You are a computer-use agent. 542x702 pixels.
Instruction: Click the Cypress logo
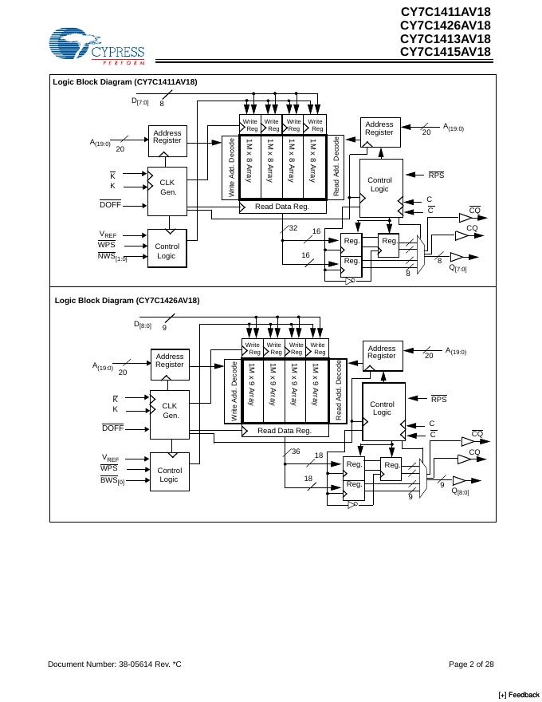coord(96,46)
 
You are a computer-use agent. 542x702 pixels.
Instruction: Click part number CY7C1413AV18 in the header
coord(445,38)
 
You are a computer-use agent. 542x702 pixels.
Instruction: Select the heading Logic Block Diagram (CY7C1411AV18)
coord(125,81)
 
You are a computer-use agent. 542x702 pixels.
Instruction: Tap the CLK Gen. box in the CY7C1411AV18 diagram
coord(167,187)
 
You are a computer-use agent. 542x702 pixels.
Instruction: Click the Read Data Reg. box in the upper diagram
coord(281,207)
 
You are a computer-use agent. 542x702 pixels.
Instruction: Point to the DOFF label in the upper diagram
coord(110,204)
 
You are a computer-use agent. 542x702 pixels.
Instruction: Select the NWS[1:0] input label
coord(112,257)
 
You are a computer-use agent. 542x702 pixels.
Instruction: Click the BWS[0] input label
coord(112,481)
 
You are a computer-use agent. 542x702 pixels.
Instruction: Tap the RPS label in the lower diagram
coord(438,398)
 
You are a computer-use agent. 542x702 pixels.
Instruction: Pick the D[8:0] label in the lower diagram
coord(142,325)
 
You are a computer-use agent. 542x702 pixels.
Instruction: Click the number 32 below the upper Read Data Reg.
coord(293,228)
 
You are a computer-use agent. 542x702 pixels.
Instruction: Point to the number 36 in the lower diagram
coord(295,452)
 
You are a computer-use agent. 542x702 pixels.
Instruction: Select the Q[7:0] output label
coord(458,268)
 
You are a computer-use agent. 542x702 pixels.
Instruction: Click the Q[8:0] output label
coord(460,491)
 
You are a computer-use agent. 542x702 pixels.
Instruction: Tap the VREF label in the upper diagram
coord(108,234)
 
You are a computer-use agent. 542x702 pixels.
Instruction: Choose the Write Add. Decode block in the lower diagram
coord(234,392)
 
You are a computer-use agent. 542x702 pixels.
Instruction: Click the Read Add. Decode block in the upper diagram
coord(336,167)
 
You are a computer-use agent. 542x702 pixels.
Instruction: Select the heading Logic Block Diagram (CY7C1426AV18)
coord(128,300)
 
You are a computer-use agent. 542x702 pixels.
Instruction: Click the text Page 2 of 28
coord(471,664)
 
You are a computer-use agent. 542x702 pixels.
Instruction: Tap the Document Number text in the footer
coord(115,664)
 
